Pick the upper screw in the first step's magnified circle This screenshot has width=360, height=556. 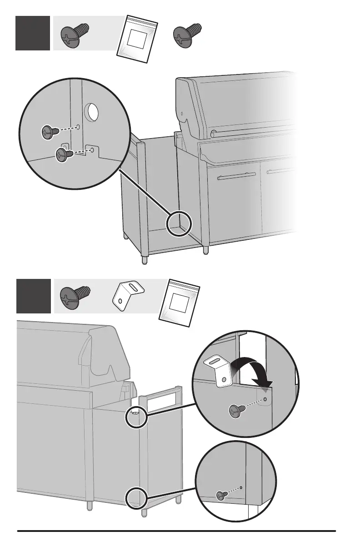pos(49,132)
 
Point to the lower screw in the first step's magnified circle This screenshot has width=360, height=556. pos(64,154)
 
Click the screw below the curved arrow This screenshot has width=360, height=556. pos(238,412)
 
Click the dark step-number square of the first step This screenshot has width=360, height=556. pos(33,33)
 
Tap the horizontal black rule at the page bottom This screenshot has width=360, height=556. pos(176,531)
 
